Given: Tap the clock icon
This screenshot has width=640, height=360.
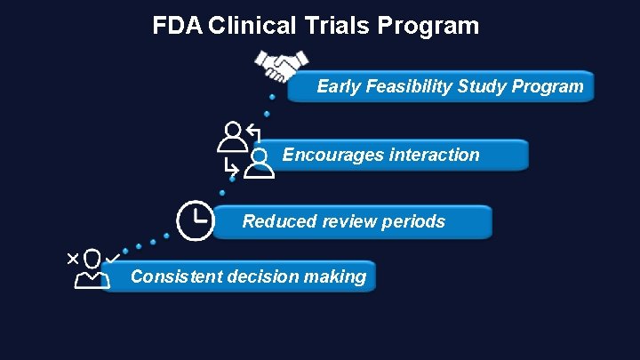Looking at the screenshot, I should click(195, 220).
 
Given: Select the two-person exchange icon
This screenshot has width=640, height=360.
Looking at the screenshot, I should click(244, 149).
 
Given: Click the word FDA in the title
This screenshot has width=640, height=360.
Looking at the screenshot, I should click(178, 25).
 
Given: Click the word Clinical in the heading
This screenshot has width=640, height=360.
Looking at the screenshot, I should click(252, 25).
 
